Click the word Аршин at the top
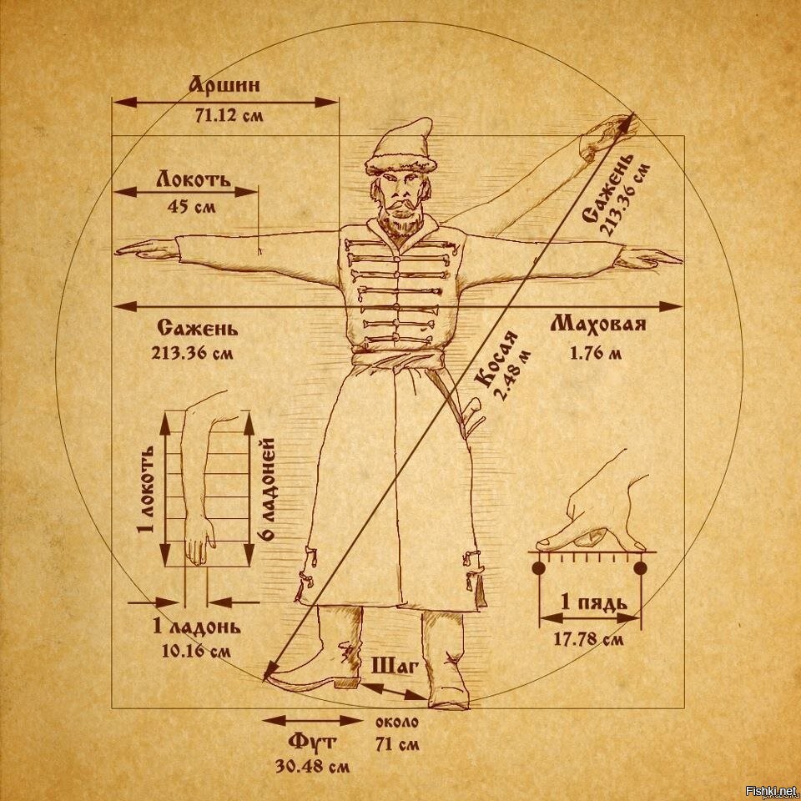click(x=224, y=85)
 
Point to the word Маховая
click(x=598, y=325)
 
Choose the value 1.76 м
click(x=596, y=352)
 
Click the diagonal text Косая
click(x=497, y=360)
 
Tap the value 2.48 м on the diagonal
click(x=514, y=377)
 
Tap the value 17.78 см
click(x=588, y=640)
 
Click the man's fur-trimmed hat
click(x=400, y=148)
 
